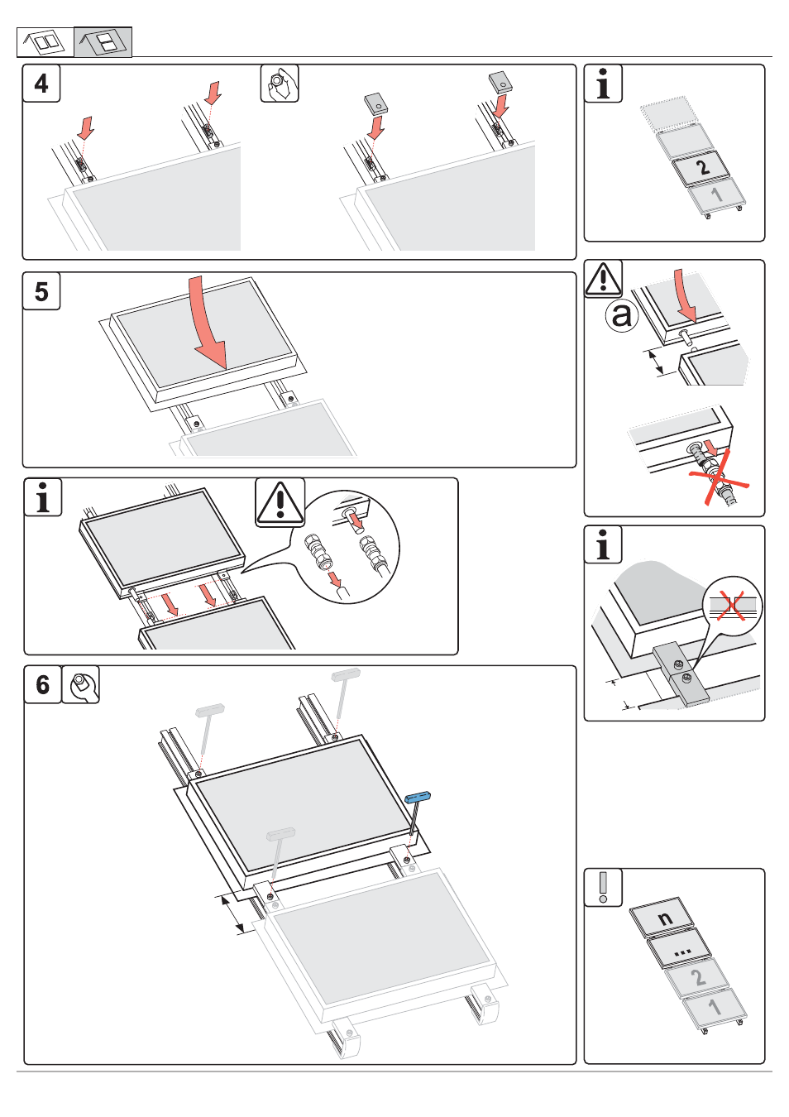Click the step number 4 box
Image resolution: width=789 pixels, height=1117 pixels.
(x=41, y=84)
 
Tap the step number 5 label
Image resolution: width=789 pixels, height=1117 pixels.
(x=41, y=291)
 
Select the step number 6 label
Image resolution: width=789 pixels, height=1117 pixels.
(x=43, y=684)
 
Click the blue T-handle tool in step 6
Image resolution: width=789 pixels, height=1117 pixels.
(x=418, y=798)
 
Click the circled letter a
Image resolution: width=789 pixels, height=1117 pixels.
(x=621, y=314)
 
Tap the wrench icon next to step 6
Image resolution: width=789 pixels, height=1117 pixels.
(x=81, y=684)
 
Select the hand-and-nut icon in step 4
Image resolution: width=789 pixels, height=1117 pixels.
(x=280, y=84)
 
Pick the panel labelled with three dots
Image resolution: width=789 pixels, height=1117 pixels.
(x=680, y=949)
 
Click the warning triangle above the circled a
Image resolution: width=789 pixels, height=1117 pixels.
(x=604, y=279)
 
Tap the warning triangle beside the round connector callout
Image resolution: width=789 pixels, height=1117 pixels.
(x=280, y=502)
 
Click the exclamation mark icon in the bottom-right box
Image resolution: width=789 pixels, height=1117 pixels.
(x=603, y=887)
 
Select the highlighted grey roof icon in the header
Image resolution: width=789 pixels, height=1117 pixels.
(x=103, y=41)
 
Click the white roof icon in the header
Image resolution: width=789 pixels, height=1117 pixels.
(x=45, y=41)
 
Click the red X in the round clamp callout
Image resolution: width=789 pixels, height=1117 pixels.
(x=731, y=605)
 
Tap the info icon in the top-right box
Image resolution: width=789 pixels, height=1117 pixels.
(x=603, y=84)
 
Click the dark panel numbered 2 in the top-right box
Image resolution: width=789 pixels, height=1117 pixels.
(x=701, y=168)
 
